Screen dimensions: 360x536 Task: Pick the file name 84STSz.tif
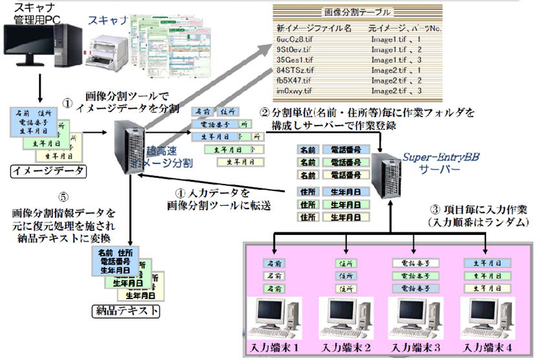tap(291, 70)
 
